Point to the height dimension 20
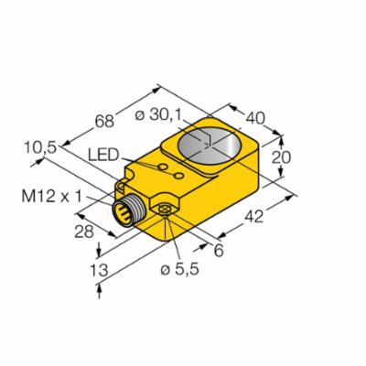coord(285,157)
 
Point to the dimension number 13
coord(81,271)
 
